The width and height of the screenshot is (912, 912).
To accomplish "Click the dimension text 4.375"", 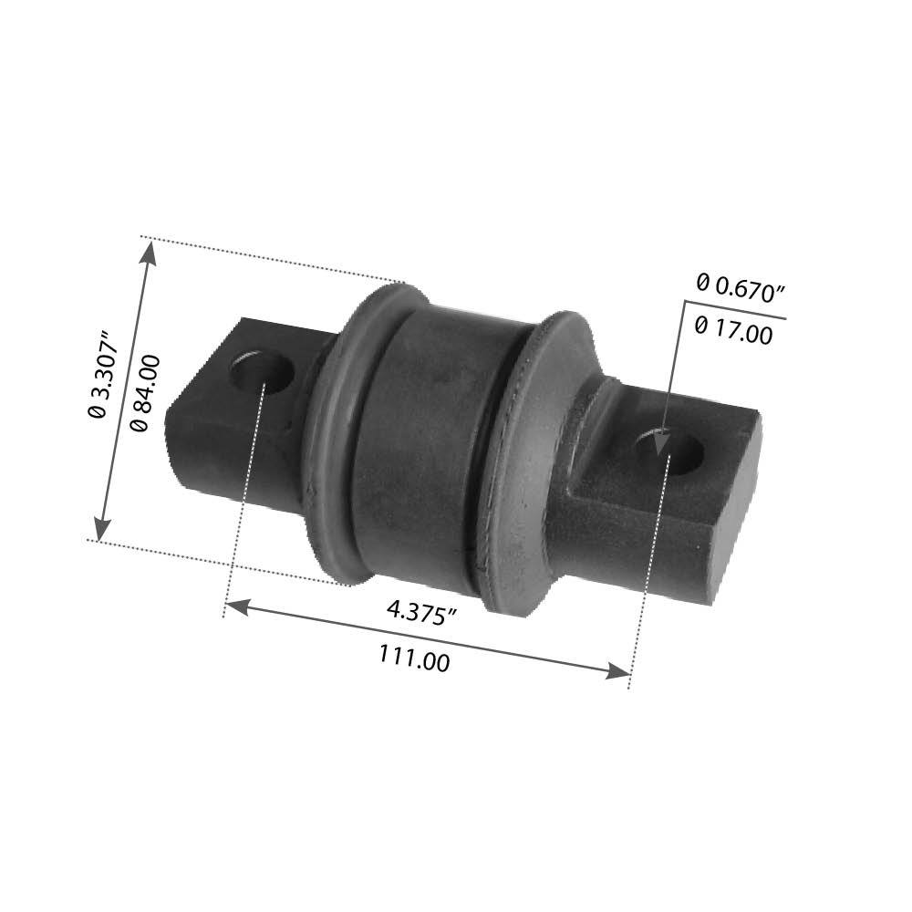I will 420,612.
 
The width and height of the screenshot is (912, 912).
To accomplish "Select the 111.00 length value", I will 414,657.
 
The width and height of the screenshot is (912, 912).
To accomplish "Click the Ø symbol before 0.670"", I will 701,283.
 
